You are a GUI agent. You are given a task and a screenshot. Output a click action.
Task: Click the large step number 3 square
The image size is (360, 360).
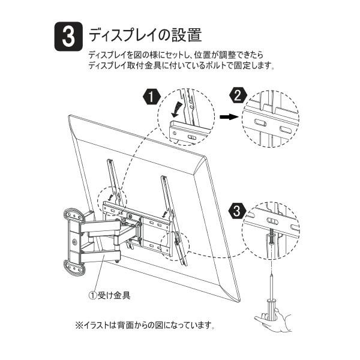point(68,36)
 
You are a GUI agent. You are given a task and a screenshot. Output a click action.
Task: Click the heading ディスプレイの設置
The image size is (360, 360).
point(145,35)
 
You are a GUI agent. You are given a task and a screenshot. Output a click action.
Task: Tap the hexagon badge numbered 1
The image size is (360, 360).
point(151,97)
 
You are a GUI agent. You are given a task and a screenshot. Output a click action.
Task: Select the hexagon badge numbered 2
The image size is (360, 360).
point(238,95)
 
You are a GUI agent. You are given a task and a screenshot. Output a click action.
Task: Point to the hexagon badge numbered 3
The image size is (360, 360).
point(237,211)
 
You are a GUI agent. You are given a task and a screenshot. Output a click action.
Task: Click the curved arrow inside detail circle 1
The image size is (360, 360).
point(177,110)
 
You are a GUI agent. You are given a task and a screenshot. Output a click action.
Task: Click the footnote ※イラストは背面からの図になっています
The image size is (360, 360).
point(145,325)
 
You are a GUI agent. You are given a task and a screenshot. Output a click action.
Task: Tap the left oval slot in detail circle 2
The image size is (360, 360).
point(260,122)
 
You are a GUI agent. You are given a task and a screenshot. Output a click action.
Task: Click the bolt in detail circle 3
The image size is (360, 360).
point(271,239)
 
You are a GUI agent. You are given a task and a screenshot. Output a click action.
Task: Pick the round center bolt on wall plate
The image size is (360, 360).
point(74,242)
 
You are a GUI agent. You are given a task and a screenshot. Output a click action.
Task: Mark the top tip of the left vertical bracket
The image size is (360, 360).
point(109,160)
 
